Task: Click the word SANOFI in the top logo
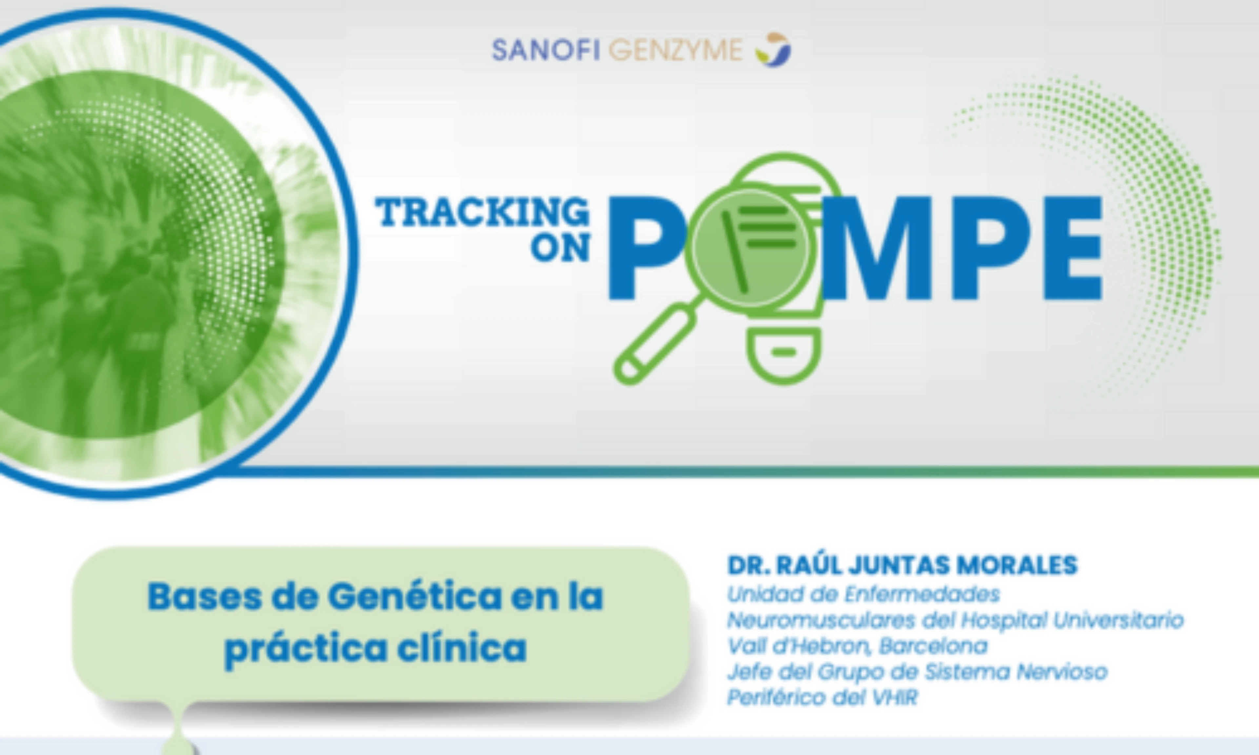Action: tap(546, 50)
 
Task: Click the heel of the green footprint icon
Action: tap(784, 355)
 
